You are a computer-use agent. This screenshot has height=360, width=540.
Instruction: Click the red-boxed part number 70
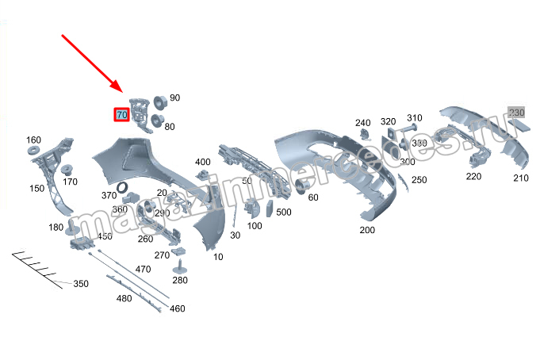[x=122, y=115]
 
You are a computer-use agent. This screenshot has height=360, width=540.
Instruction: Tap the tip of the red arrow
[x=120, y=91]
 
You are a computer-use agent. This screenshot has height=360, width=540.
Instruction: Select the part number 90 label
[x=174, y=98]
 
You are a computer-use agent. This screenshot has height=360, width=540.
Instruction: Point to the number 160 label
[x=33, y=140]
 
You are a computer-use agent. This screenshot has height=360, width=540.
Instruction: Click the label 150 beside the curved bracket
[x=37, y=189]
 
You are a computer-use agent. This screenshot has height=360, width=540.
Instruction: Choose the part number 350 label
[x=81, y=283]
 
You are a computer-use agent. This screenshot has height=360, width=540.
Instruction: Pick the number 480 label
[x=124, y=298]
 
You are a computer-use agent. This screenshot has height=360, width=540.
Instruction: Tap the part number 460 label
[x=177, y=308]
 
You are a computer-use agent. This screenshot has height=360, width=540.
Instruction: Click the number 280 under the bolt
[x=180, y=280]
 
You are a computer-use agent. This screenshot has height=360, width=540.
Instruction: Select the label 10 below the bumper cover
[x=218, y=256]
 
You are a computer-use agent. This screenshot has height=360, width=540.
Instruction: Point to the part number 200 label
[x=366, y=230]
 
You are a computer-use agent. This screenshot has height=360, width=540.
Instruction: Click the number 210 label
[x=520, y=178]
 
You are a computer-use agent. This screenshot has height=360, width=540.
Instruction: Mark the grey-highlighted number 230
[x=517, y=112]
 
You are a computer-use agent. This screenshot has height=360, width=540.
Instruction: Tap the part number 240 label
[x=362, y=122]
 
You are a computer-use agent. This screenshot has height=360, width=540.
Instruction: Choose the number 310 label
[x=415, y=117]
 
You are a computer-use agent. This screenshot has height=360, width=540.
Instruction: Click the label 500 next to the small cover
[x=283, y=212]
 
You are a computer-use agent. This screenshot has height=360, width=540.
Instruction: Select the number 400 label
[x=203, y=162]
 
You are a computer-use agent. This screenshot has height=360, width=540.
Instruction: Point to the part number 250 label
[x=419, y=180]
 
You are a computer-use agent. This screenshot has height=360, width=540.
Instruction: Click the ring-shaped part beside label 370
[x=124, y=187]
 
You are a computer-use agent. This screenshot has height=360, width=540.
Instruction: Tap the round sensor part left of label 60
[x=301, y=186]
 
